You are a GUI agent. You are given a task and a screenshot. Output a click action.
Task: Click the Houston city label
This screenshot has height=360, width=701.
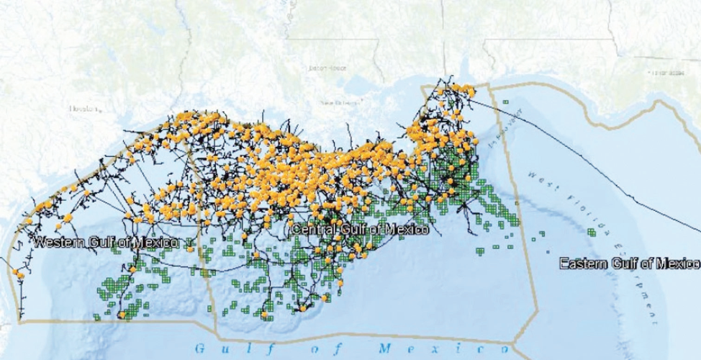[x=83, y=109]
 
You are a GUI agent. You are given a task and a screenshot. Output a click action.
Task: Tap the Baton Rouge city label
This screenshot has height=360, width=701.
[x=327, y=68]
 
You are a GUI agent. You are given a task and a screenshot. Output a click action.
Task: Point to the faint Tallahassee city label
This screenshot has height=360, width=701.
[x=668, y=73]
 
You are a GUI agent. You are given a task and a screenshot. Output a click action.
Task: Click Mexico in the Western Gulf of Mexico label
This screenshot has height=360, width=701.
[x=158, y=242]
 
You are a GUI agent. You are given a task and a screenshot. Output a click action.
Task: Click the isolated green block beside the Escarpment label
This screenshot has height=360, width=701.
[x=591, y=232]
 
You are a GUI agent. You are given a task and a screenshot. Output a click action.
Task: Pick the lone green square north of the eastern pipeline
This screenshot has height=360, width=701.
[x=506, y=102]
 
